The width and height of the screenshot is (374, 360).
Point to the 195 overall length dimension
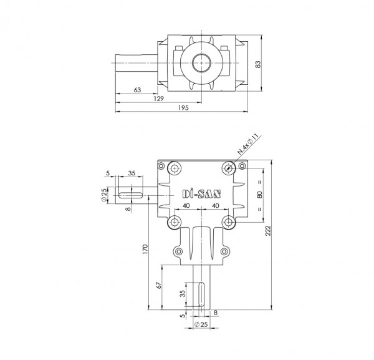tap(183, 109)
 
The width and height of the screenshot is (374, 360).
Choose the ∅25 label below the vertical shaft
tap(200, 325)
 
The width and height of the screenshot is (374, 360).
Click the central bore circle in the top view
tap(201, 62)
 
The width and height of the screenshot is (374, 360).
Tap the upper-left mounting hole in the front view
tap(172, 167)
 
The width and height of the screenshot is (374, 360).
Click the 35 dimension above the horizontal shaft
tap(132, 173)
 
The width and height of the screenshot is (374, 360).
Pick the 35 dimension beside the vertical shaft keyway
tap(183, 294)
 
